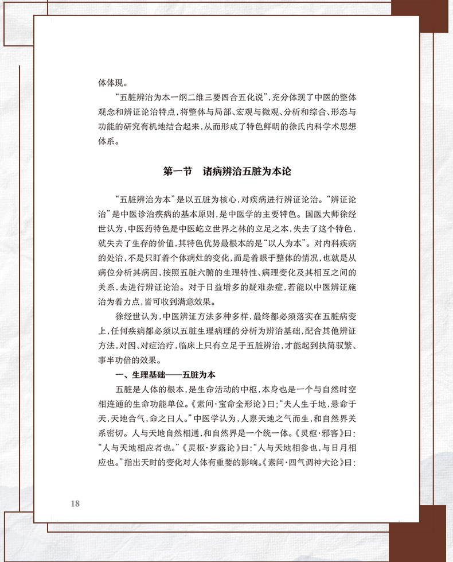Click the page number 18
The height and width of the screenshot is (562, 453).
[74, 503]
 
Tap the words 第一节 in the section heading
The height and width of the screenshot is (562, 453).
[178, 171]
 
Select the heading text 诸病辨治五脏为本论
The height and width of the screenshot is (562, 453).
[247, 171]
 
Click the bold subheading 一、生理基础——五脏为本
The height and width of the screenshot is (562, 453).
[165, 375]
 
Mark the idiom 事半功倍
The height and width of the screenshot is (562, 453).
[117, 361]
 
